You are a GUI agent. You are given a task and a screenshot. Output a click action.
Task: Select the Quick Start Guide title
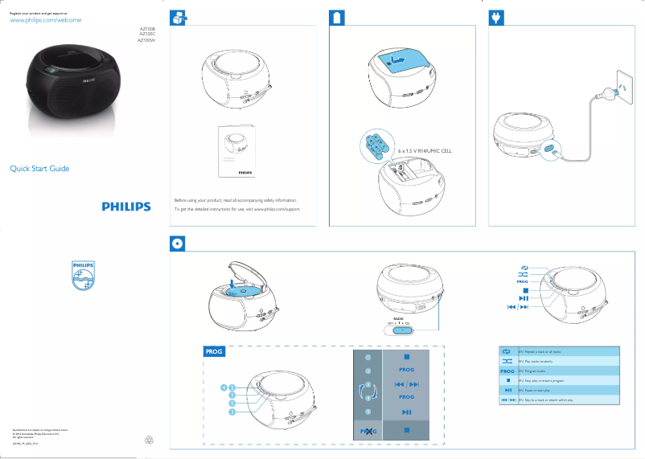39,169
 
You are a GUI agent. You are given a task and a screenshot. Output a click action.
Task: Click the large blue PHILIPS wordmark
126,207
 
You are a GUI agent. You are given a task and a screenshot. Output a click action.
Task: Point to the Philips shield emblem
83,277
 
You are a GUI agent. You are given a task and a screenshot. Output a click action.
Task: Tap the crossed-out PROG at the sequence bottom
368,432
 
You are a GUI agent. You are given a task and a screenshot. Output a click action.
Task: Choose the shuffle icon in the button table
507,362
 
